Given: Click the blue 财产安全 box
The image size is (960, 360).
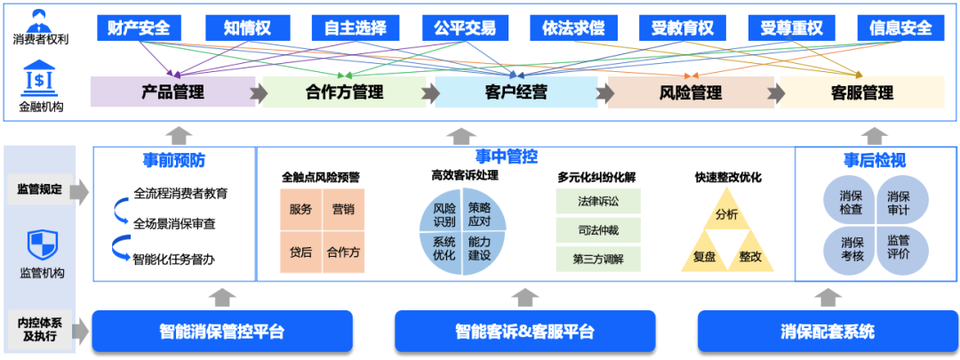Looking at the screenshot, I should (139, 28).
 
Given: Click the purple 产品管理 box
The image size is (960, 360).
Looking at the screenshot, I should (173, 92).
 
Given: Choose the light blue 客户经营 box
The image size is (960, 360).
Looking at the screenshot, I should (516, 92).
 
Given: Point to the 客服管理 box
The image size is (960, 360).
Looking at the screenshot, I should (861, 92).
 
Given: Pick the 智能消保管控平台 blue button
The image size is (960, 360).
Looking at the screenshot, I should (222, 332).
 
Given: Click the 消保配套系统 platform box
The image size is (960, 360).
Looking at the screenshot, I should (828, 332).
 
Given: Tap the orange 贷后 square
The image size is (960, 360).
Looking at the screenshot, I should (300, 252).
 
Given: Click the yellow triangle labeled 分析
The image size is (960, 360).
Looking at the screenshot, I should (726, 213).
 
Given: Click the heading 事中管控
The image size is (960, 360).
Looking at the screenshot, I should (507, 157).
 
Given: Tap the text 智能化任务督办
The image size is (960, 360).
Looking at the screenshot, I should (174, 260).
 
